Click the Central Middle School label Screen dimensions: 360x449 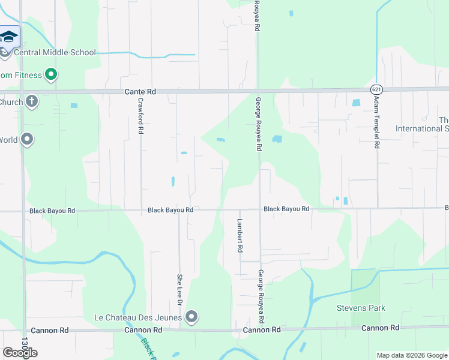[55, 52]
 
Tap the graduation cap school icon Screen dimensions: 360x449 [9, 37]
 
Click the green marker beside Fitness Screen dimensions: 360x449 [51, 75]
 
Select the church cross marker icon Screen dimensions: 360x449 [32, 101]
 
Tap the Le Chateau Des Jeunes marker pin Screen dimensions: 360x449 [191, 316]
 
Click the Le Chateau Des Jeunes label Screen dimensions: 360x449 [139, 317]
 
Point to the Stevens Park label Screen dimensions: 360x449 [360, 308]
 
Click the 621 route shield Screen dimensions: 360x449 [376, 89]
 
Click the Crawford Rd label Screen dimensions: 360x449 [140, 116]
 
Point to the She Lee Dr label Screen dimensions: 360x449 [179, 288]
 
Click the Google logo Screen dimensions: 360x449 [20, 353]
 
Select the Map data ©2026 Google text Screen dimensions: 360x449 [412, 355]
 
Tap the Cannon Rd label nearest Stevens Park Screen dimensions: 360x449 [381, 328]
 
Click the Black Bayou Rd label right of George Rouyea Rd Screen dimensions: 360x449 [286, 209]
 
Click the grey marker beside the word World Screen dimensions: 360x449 [27, 140]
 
